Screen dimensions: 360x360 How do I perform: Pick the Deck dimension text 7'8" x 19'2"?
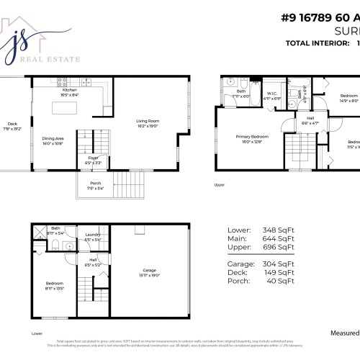12,129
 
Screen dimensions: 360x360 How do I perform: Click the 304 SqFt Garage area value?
281,264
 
